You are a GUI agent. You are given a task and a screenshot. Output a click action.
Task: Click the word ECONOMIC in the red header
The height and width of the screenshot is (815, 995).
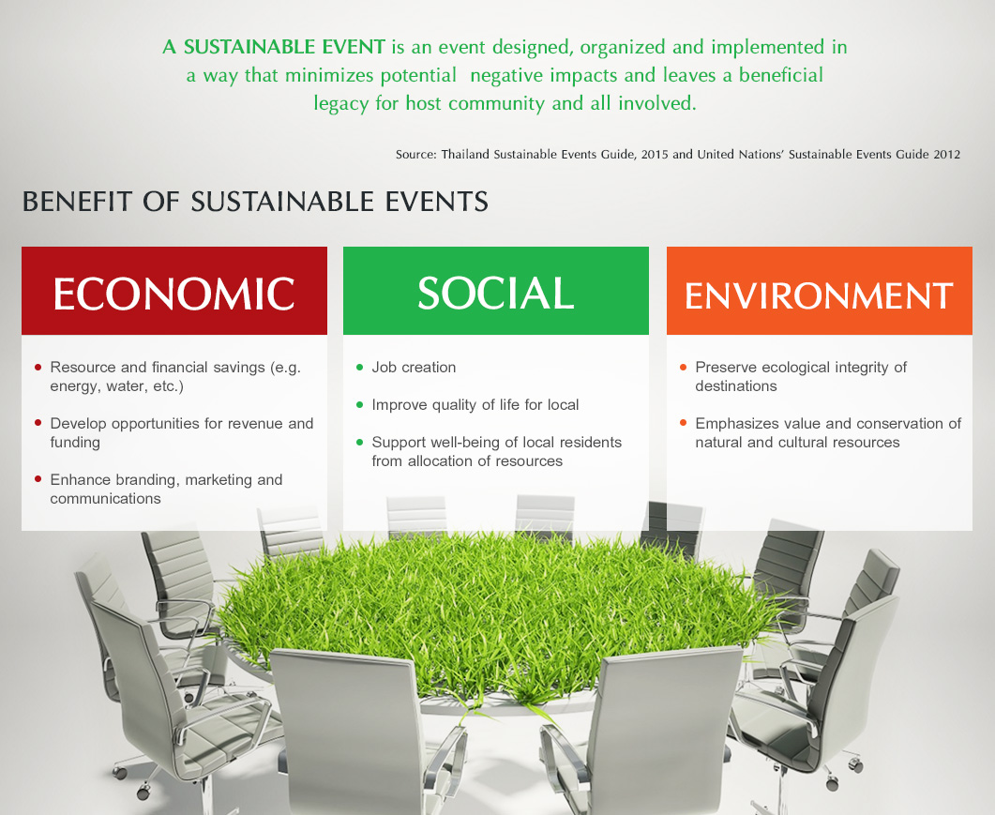pyautogui.click(x=173, y=294)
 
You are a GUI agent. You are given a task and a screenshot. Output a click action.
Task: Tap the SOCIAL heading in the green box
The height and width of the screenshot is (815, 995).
pyautogui.click(x=495, y=293)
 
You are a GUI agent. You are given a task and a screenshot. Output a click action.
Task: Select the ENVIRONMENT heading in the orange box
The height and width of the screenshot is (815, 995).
pyautogui.click(x=819, y=295)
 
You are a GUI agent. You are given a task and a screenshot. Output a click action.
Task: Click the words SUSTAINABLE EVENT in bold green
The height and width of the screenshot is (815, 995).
pyautogui.click(x=284, y=47)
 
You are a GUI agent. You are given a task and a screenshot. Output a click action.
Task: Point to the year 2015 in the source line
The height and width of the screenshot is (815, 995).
pyautogui.click(x=655, y=154)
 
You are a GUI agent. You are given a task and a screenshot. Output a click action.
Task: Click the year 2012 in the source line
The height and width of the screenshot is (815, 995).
pyautogui.click(x=947, y=154)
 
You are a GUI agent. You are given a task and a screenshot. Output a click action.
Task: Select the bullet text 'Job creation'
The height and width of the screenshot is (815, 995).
pyautogui.click(x=414, y=368)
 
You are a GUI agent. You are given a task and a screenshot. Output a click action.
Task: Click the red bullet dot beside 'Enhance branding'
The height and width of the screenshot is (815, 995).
pyautogui.click(x=38, y=479)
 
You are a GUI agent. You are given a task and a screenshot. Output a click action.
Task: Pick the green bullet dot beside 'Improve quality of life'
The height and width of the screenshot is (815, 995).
pyautogui.click(x=360, y=404)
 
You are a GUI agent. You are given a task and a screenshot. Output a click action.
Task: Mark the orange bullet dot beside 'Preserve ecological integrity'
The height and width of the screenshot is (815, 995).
pyautogui.click(x=683, y=367)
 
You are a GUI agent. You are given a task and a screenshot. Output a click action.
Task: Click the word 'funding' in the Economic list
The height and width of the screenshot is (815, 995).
pyautogui.click(x=75, y=443)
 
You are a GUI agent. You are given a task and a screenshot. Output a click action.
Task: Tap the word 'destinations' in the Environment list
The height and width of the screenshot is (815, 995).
pyautogui.click(x=735, y=385)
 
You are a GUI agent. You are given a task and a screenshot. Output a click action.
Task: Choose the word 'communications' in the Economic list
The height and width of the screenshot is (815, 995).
pyautogui.click(x=105, y=499)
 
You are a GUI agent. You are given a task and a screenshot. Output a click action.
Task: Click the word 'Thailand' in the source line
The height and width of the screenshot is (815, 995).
pyautogui.click(x=465, y=154)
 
